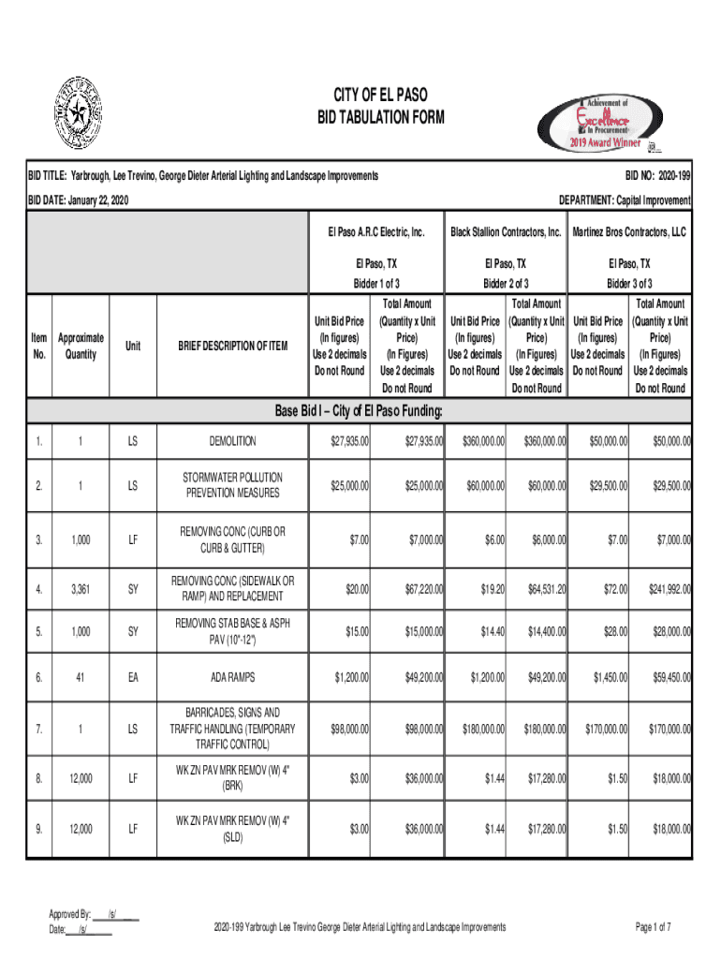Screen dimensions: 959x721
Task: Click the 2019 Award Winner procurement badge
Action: pyautogui.click(x=600, y=125)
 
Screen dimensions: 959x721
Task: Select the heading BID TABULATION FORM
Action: pyautogui.click(x=381, y=118)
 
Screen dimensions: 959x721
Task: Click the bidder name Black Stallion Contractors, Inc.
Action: pyautogui.click(x=506, y=231)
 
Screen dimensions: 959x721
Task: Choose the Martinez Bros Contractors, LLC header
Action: pyautogui.click(x=629, y=231)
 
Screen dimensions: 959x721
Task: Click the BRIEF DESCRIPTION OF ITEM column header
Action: pyautogui.click(x=232, y=347)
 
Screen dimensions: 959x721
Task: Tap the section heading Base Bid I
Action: pyautogui.click(x=359, y=412)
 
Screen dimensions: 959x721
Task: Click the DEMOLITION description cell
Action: pyautogui.click(x=232, y=441)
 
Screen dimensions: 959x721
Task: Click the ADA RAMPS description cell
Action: pyautogui.click(x=232, y=676)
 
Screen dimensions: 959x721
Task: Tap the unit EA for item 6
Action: pyautogui.click(x=133, y=676)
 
